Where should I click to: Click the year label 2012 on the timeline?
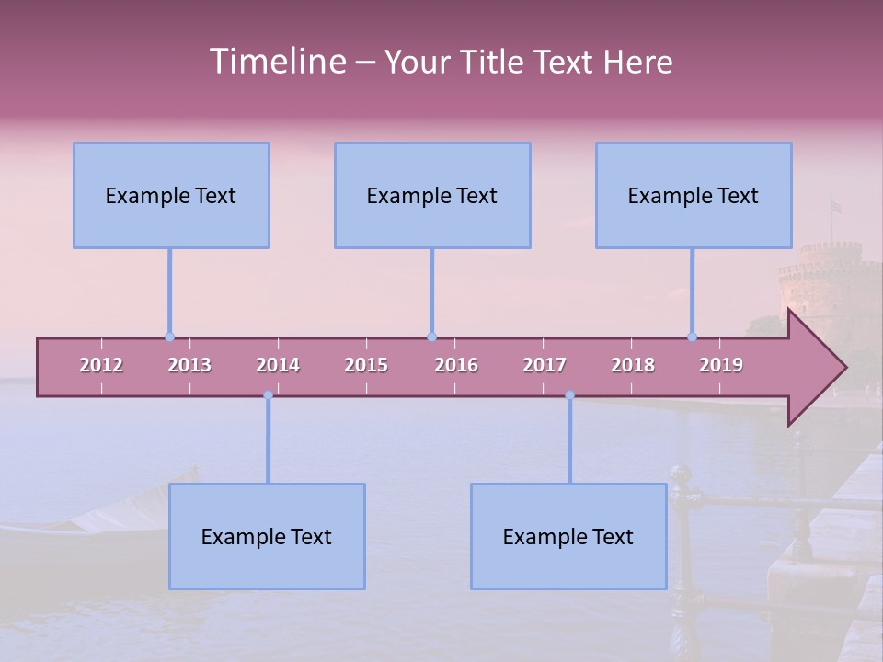point(101,365)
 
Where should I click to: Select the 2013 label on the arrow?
point(189,365)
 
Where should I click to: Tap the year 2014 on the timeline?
point(278,365)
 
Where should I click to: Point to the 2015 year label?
point(366,365)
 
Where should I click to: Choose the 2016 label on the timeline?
point(456,365)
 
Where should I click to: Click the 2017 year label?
point(545,365)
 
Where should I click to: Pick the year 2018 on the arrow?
point(633,365)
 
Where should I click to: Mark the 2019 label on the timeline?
point(721,365)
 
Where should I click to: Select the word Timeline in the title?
point(276,62)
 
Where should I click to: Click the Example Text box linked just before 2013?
point(171,195)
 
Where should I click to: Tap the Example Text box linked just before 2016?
point(432,195)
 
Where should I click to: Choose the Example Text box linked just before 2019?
point(694,195)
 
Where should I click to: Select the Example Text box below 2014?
point(267,536)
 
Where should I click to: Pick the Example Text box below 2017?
point(568,536)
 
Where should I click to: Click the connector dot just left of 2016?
point(431,337)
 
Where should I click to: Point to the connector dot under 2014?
point(268,395)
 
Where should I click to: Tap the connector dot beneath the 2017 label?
point(569,395)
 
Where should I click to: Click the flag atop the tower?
point(835,206)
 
